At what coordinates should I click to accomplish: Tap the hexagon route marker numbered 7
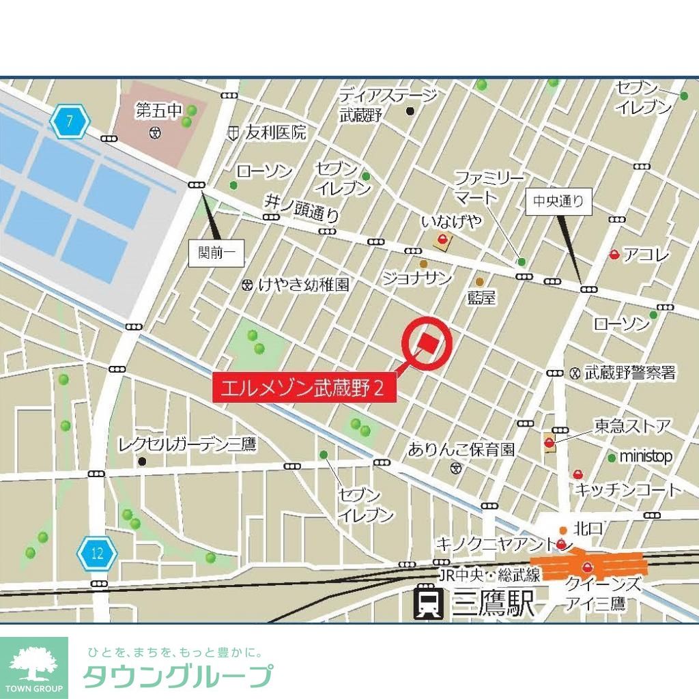[x=70, y=122]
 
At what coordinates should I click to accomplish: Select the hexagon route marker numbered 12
[x=98, y=553]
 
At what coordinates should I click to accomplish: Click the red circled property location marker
[x=428, y=343]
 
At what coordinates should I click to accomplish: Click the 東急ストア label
[x=632, y=427]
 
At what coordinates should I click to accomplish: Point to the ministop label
[x=646, y=457]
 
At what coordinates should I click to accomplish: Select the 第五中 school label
[x=159, y=109]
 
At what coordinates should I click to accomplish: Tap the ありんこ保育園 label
[x=461, y=449]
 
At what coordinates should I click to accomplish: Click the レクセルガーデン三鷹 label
[x=186, y=445]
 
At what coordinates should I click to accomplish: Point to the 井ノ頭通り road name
[x=301, y=208]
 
